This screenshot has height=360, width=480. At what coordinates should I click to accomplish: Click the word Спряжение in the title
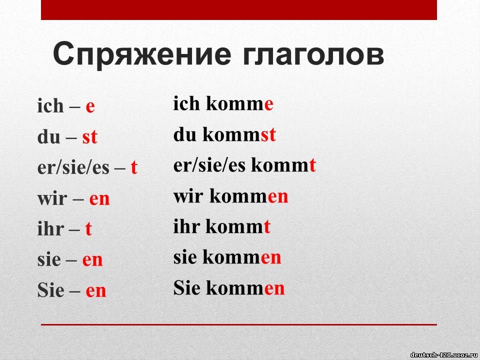click(141, 55)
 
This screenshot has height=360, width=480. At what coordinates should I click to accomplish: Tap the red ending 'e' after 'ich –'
click(90, 107)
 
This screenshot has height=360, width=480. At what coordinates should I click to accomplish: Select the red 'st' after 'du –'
click(89, 137)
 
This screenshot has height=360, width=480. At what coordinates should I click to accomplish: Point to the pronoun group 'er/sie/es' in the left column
click(73, 168)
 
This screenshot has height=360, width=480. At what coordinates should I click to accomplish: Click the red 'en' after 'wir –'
click(99, 199)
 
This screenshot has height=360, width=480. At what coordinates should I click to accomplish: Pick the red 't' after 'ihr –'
click(88, 228)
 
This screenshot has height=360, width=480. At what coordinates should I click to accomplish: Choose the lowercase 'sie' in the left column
click(49, 259)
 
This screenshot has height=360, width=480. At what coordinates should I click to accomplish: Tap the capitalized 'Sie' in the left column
click(51, 289)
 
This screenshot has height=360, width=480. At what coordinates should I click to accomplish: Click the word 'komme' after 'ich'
click(239, 104)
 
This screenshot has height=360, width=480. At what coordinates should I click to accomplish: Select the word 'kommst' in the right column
click(239, 134)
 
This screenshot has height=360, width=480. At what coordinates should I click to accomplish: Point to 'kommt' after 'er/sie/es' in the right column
click(283, 165)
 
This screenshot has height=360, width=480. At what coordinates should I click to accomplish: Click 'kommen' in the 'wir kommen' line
click(249, 196)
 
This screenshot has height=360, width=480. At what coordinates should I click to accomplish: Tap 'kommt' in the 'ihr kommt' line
click(238, 227)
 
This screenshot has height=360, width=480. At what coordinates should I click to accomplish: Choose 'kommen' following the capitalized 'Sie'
click(245, 288)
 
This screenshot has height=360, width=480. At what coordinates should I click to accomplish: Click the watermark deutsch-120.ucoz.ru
click(443, 355)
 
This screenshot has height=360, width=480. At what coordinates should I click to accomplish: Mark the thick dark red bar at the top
click(239, 10)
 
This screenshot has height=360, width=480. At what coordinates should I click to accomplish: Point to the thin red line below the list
click(239, 324)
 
